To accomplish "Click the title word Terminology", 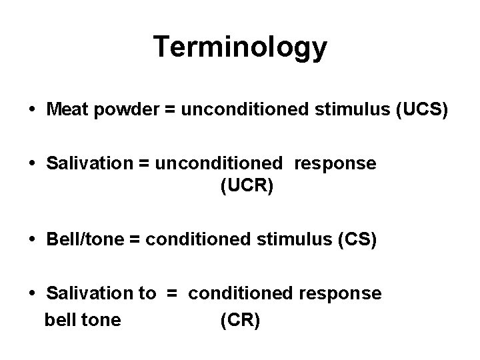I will [240, 47].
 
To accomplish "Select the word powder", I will [118, 109].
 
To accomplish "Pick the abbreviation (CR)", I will [240, 321].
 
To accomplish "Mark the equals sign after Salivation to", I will [172, 293].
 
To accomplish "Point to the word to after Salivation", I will [147, 293].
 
